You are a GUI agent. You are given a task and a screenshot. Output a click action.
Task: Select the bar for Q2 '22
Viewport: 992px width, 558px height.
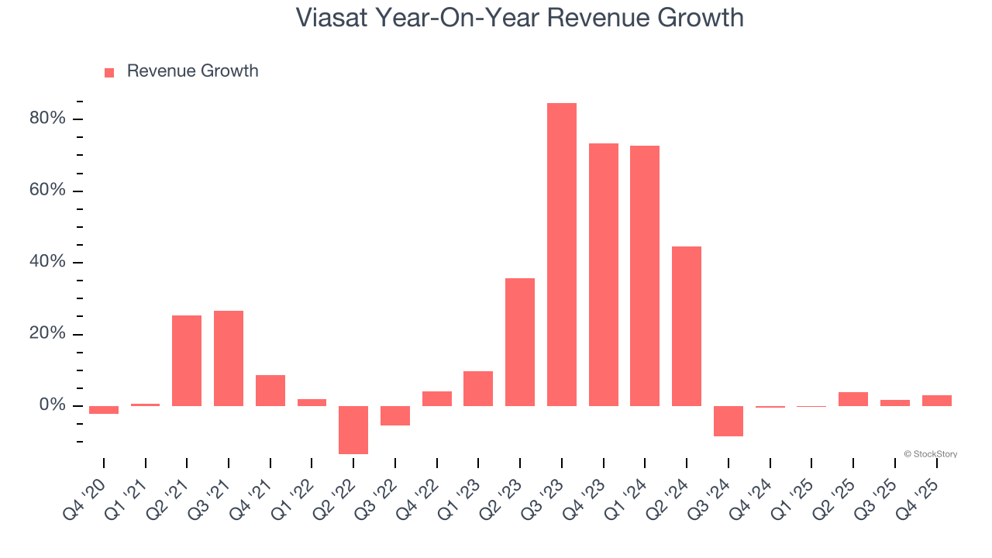[x=353, y=429]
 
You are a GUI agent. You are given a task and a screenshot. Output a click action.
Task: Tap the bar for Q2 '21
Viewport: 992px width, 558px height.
[x=187, y=360]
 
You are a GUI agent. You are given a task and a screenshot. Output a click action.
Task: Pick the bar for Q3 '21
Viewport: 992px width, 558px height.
[x=229, y=358]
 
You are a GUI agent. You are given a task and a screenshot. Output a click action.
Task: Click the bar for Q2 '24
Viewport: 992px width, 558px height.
[x=687, y=325]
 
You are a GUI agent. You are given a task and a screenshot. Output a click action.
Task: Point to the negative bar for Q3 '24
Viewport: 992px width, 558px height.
[x=728, y=421]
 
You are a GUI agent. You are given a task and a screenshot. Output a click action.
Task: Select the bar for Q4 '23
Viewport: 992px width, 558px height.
[x=604, y=274]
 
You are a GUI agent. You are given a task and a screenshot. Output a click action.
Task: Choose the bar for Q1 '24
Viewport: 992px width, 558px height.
[x=645, y=276]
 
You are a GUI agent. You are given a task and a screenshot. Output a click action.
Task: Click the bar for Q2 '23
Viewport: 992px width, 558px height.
[x=520, y=342]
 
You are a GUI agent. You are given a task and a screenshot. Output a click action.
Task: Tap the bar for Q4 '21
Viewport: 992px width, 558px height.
[x=270, y=391]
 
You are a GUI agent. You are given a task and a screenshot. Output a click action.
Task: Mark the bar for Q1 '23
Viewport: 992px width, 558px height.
[x=478, y=388]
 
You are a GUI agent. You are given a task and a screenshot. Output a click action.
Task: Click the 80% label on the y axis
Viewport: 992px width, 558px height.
[x=47, y=119]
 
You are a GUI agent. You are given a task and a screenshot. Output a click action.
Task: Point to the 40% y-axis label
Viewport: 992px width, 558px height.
[x=47, y=262]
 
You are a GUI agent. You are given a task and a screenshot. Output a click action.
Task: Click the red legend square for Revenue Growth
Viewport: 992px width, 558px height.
[x=109, y=72]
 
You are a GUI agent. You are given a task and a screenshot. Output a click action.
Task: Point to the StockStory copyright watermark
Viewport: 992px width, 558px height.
[x=930, y=454]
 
